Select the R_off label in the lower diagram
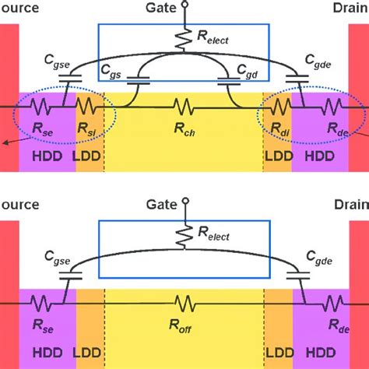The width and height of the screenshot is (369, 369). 185,329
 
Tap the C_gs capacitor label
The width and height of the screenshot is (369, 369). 113,71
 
